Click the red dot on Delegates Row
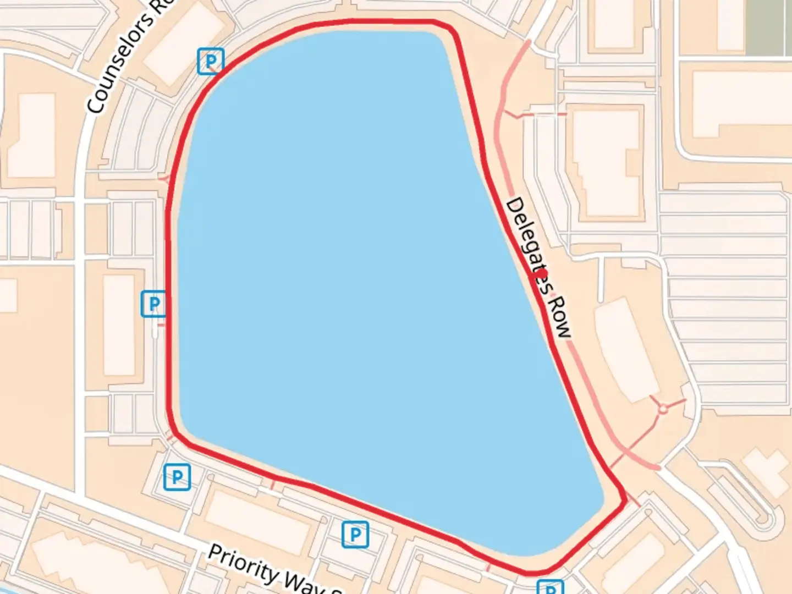(x=542, y=273)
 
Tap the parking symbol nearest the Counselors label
(x=211, y=61)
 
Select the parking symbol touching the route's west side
(x=154, y=304)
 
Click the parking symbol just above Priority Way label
(x=355, y=534)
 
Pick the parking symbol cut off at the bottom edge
(x=550, y=587)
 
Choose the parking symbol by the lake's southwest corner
(x=177, y=477)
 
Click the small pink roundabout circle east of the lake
(x=663, y=409)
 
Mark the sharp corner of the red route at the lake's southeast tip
(x=625, y=498)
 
